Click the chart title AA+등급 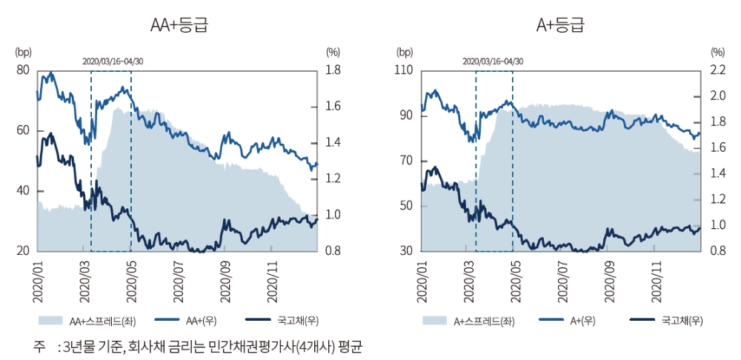pyautogui.click(x=178, y=25)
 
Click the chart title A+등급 pyautogui.click(x=560, y=25)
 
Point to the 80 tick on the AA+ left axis pyautogui.click(x=22, y=70)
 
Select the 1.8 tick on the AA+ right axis pyautogui.click(x=333, y=70)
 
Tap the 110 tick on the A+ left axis pyautogui.click(x=404, y=70)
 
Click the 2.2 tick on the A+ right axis pyautogui.click(x=717, y=70)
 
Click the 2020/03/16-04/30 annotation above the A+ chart pyautogui.click(x=493, y=60)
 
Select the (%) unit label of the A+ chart pyautogui.click(x=717, y=52)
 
